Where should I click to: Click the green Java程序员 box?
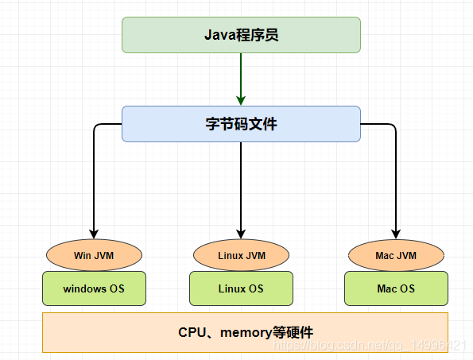click(x=241, y=35)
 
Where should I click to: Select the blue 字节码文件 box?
click(x=241, y=124)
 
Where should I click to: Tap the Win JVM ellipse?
click(x=94, y=256)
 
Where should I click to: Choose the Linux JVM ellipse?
click(x=241, y=256)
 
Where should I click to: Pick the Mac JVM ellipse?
click(x=396, y=256)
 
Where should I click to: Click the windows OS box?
click(x=94, y=288)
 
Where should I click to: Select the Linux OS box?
click(x=241, y=288)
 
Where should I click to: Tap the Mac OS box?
click(x=396, y=288)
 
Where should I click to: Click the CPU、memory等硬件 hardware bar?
click(x=245, y=332)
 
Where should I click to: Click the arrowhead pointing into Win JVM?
click(x=94, y=234)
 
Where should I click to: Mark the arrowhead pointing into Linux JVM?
click(x=241, y=234)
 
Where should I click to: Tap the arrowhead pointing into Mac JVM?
click(x=396, y=234)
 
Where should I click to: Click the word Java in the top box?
click(x=217, y=35)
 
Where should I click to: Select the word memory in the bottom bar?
click(x=246, y=332)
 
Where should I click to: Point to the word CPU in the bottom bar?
click(x=193, y=332)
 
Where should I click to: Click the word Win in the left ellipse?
click(x=82, y=256)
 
